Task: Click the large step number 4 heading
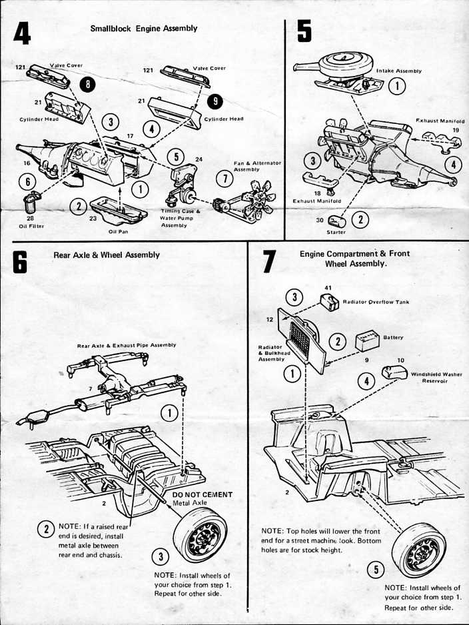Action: tap(23, 33)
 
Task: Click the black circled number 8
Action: tap(87, 83)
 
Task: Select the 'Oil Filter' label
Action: tap(31, 225)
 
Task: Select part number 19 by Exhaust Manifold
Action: tap(456, 130)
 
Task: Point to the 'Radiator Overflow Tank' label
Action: tap(375, 302)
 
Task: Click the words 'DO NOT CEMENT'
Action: tap(202, 494)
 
